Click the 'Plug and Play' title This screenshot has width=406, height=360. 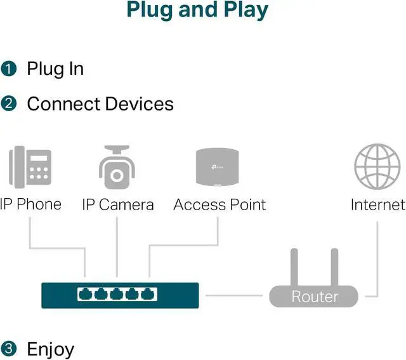197,10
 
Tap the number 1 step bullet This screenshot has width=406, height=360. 8,69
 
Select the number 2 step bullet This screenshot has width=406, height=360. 8,104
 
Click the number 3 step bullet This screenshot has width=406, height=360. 8,349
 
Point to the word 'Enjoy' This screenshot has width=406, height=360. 50,349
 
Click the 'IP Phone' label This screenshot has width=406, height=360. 30,204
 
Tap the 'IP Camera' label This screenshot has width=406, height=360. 117,205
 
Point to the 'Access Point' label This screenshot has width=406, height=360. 219,205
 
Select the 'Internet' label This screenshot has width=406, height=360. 377,205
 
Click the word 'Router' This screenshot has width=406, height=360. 314,297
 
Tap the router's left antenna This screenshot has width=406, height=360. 294,267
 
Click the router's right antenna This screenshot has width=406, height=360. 333,267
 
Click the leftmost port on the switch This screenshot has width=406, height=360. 86,295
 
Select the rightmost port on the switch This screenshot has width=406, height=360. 148,295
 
